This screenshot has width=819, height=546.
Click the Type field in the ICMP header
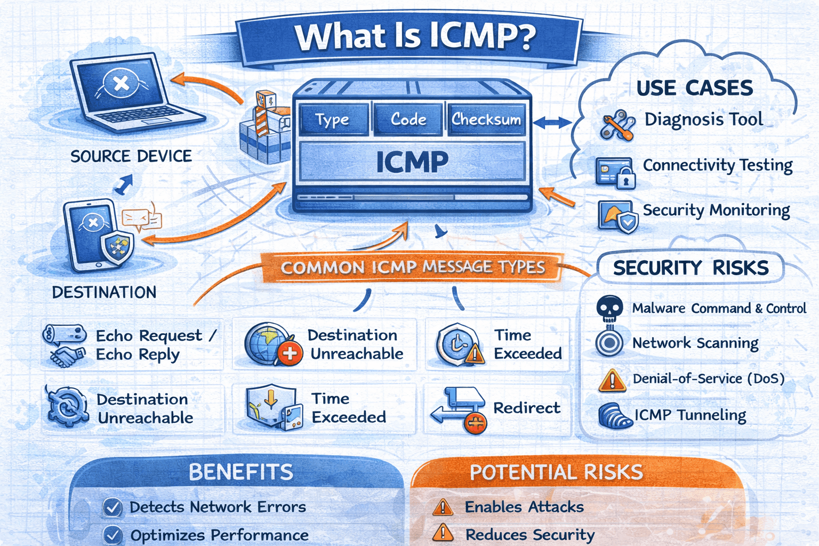pyautogui.click(x=333, y=119)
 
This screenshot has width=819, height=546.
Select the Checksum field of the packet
pyautogui.click(x=486, y=119)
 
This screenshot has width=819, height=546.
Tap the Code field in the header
pyautogui.click(x=408, y=119)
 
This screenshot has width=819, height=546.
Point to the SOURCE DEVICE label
pyautogui.click(x=131, y=156)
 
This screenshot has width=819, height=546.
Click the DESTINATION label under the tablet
pyautogui.click(x=105, y=292)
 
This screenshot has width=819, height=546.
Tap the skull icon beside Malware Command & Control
pyautogui.click(x=609, y=308)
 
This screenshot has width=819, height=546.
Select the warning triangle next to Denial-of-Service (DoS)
pyautogui.click(x=612, y=380)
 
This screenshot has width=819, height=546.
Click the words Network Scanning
pyautogui.click(x=695, y=343)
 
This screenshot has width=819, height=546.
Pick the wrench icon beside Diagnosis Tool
pyautogui.click(x=617, y=125)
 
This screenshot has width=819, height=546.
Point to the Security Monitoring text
pyautogui.click(x=716, y=210)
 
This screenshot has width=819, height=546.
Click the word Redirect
pyautogui.click(x=527, y=408)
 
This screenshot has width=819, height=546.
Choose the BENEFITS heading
pyautogui.click(x=241, y=472)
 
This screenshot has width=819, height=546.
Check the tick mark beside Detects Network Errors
pyautogui.click(x=112, y=508)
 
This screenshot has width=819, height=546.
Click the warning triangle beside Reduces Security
pyautogui.click(x=443, y=533)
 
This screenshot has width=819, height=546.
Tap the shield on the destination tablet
pyautogui.click(x=118, y=247)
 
